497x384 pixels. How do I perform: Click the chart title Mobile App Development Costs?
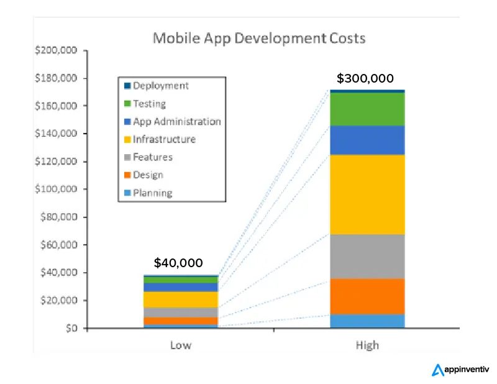click(259, 39)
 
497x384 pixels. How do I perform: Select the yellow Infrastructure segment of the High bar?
click(367, 194)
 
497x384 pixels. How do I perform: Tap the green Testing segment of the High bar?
click(367, 109)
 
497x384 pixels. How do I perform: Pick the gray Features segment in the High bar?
click(367, 256)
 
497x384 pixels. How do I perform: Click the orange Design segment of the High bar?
click(367, 296)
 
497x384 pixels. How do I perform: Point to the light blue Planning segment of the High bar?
click(367, 321)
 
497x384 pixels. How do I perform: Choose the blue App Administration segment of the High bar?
click(367, 140)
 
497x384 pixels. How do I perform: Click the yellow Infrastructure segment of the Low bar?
click(181, 299)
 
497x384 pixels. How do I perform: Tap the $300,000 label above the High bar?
click(365, 79)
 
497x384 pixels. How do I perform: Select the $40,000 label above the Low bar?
click(178, 263)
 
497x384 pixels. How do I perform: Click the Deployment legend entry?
click(160, 86)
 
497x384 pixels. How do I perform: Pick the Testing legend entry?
click(149, 104)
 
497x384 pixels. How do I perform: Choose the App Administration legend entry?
click(176, 122)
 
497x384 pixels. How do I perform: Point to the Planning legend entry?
click(152, 193)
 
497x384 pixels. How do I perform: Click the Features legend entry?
click(152, 157)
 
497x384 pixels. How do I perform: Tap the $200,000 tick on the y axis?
click(56, 50)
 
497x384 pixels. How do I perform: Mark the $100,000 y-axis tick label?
click(56, 190)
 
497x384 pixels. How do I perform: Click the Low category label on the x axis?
click(181, 345)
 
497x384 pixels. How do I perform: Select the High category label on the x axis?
click(367, 345)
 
